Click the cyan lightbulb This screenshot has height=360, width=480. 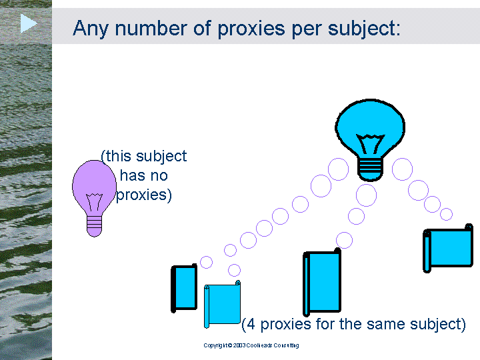click(x=370, y=140)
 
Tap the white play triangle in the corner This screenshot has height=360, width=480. click(x=29, y=23)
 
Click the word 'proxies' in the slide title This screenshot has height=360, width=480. click(x=251, y=29)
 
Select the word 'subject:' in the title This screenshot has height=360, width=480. click(x=364, y=29)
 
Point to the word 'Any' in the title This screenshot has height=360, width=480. click(x=91, y=29)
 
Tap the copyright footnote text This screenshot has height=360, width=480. click(x=251, y=345)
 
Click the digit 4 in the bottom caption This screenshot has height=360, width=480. click(x=251, y=324)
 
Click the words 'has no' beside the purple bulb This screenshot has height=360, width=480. click(x=144, y=176)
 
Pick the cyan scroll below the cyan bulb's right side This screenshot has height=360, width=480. click(x=448, y=248)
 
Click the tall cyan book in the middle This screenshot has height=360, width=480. click(x=322, y=282)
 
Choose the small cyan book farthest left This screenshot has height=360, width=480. click(x=184, y=288)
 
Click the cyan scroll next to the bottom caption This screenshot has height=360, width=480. click(x=222, y=304)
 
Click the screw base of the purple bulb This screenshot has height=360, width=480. click(x=94, y=226)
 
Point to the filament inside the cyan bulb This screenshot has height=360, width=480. click(x=370, y=143)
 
